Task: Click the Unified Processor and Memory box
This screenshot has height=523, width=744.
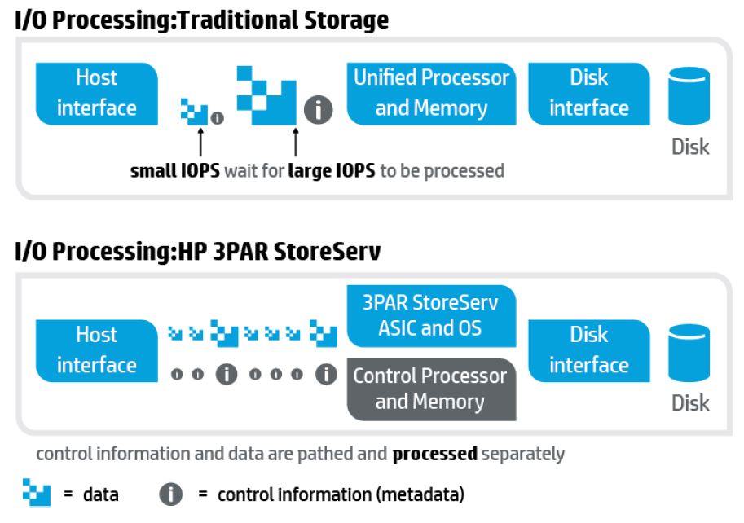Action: click(431, 94)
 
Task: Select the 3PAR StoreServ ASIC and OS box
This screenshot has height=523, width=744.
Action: click(431, 316)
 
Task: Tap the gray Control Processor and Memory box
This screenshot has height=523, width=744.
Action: click(431, 389)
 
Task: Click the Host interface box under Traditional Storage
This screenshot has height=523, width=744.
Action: click(97, 94)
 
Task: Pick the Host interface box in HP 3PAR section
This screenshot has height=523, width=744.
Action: click(97, 351)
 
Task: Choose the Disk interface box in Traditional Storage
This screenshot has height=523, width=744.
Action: click(589, 94)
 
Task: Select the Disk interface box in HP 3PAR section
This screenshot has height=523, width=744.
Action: click(589, 351)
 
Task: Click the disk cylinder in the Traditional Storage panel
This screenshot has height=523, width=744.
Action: click(689, 96)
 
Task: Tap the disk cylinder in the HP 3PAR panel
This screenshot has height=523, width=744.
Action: click(689, 353)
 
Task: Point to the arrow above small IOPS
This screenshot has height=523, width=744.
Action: click(200, 142)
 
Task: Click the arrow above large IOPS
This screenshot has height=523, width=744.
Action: click(296, 142)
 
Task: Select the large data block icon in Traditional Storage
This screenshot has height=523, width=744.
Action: click(266, 95)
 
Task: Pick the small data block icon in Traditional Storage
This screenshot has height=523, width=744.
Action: click(194, 112)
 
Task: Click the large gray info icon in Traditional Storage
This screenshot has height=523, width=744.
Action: click(318, 110)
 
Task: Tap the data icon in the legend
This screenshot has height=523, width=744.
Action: click(37, 493)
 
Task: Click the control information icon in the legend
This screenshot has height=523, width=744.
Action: click(171, 494)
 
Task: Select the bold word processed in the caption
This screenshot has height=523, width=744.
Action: click(434, 455)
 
